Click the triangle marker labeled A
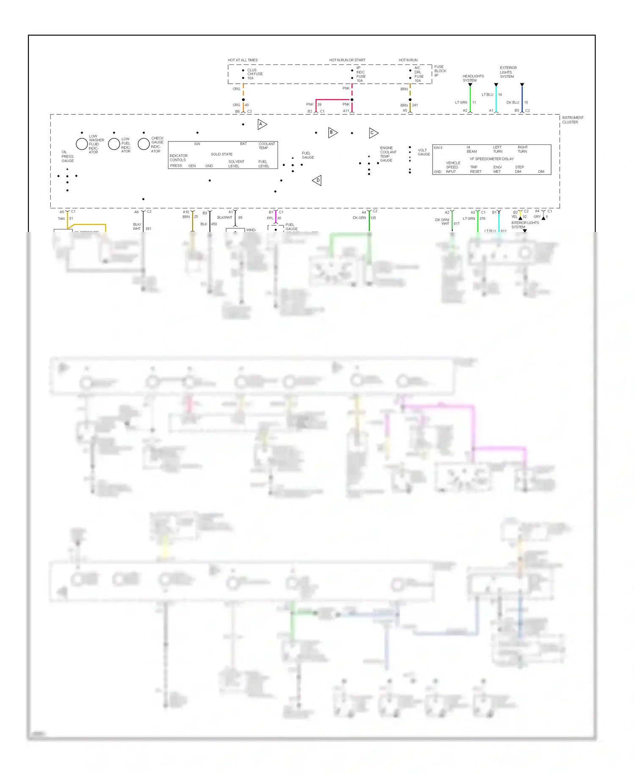(x=262, y=124)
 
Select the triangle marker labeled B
(x=332, y=133)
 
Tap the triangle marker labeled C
(x=373, y=133)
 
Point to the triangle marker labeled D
(x=317, y=180)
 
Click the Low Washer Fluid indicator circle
(x=82, y=144)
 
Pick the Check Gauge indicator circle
(x=144, y=144)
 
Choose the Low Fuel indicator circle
(x=114, y=144)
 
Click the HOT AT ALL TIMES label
(x=243, y=60)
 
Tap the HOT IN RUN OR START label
(x=347, y=60)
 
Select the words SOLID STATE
(x=221, y=154)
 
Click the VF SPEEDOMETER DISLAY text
(x=491, y=159)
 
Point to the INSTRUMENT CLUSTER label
(x=572, y=120)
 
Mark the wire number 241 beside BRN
(x=415, y=105)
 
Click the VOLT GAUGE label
(x=423, y=152)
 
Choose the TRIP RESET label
(x=475, y=169)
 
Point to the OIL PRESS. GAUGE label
(x=67, y=156)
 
